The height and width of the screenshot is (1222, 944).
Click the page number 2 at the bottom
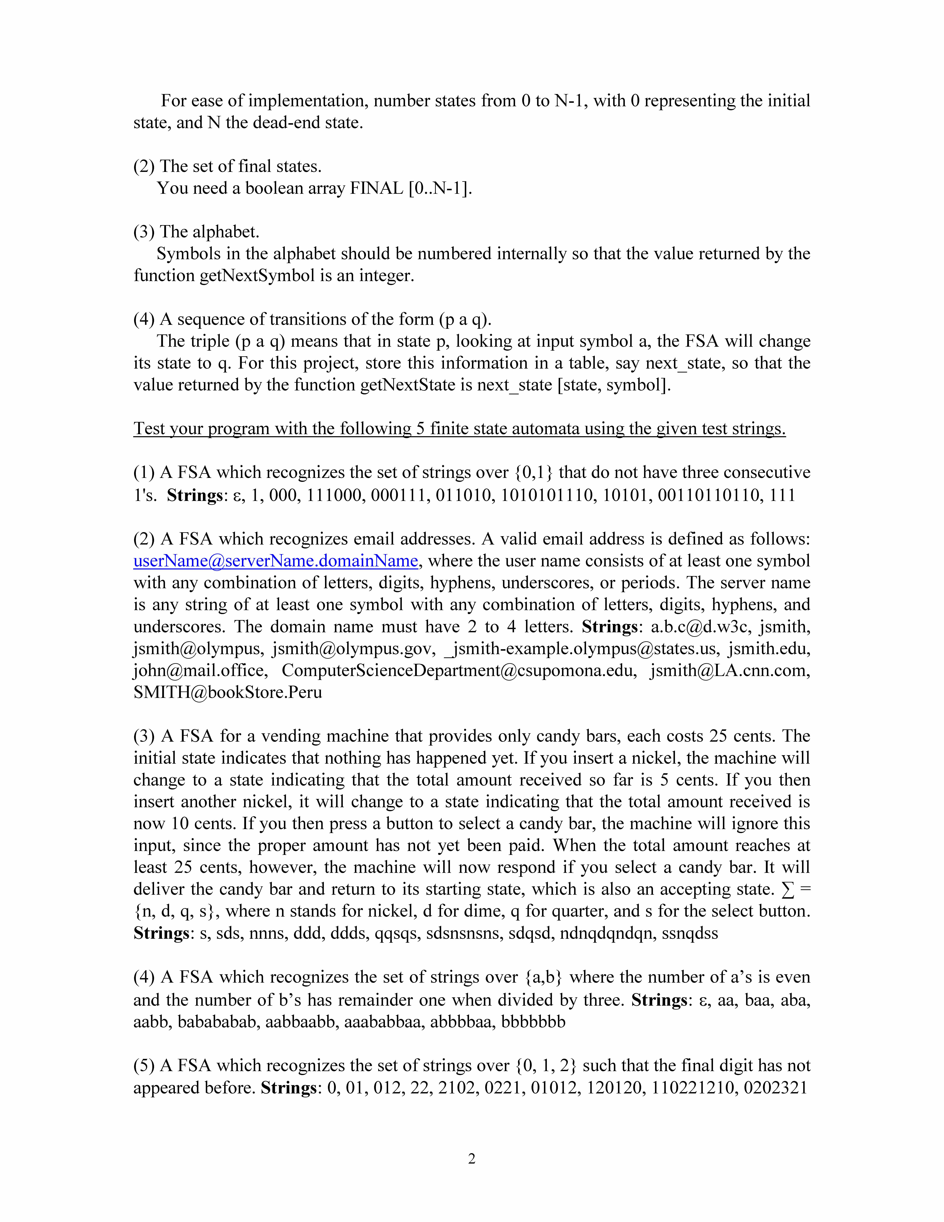pyautogui.click(x=471, y=1158)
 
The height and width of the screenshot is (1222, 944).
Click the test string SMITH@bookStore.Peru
pyautogui.click(x=228, y=692)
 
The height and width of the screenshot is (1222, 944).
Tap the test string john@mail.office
pyautogui.click(x=200, y=670)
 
